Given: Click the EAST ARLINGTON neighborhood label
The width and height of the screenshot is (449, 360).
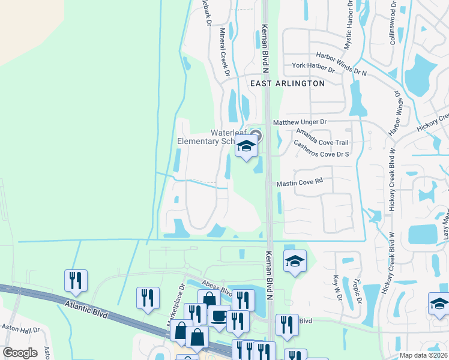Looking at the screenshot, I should (x=287, y=83).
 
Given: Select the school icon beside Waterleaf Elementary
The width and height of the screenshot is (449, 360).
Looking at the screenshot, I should (x=246, y=145).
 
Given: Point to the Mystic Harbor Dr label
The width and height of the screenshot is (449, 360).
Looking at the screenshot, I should (x=348, y=24).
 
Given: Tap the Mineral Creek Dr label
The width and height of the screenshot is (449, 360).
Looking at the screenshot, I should (x=224, y=53).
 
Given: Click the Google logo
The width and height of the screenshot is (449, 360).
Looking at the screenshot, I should (x=19, y=352).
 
